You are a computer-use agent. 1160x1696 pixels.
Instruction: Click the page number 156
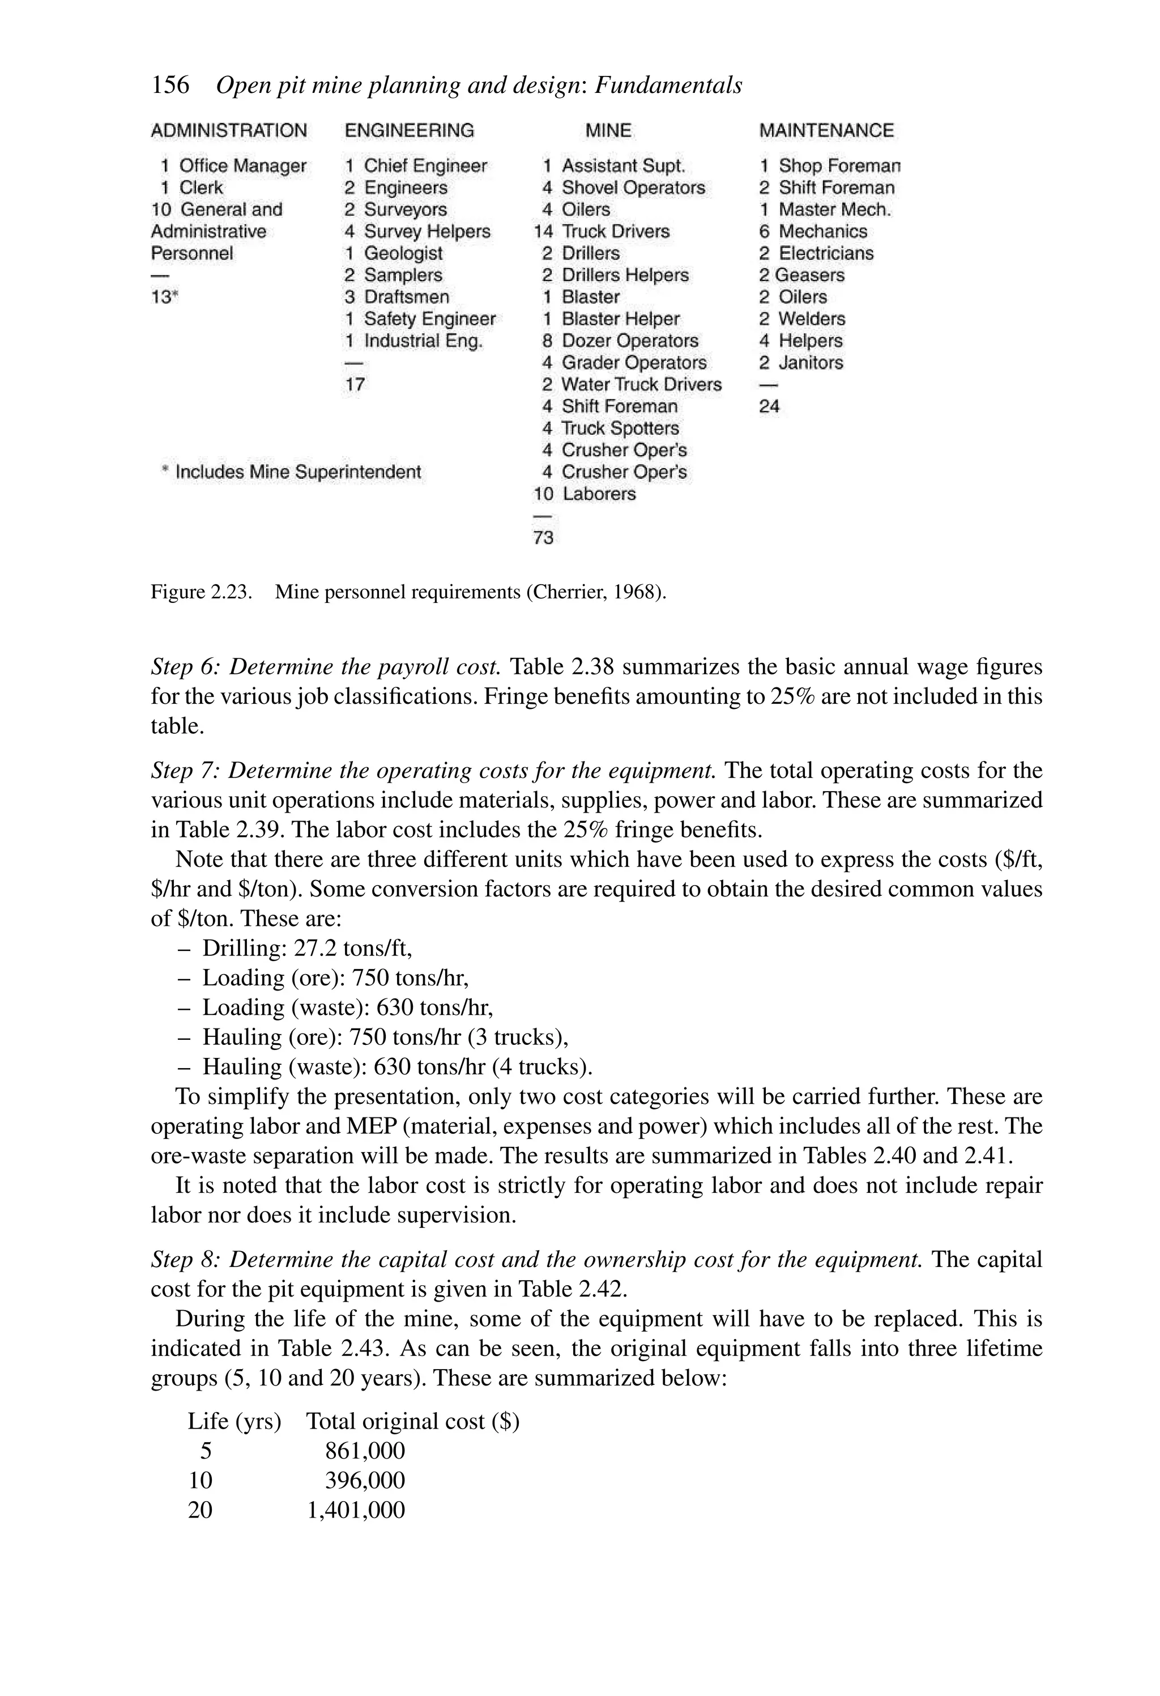(x=170, y=86)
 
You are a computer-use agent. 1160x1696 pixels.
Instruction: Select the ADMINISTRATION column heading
(x=228, y=131)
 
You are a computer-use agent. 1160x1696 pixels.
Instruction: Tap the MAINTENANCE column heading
(x=826, y=131)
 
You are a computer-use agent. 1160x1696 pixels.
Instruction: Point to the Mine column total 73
(x=544, y=538)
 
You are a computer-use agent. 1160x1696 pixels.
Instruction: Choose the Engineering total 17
(x=355, y=385)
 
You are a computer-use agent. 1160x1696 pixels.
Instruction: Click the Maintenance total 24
(x=769, y=406)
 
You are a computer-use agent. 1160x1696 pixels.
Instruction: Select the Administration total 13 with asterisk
(x=164, y=297)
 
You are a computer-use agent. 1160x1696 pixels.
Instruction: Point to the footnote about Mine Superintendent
(x=292, y=472)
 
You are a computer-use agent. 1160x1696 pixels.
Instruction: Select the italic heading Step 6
(x=325, y=666)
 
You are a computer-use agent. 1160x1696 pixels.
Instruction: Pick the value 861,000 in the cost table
(x=365, y=1450)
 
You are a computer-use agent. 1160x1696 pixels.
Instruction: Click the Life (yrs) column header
(x=234, y=1421)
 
